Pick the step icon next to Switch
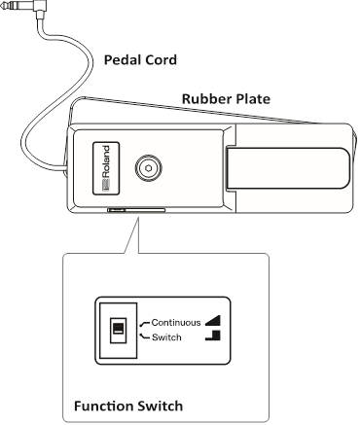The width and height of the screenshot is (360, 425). pyautogui.click(x=214, y=336)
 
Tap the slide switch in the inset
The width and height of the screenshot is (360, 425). pyautogui.click(x=118, y=329)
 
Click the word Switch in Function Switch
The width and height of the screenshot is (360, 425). pyautogui.click(x=160, y=405)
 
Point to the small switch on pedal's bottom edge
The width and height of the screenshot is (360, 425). pyautogui.click(x=117, y=208)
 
